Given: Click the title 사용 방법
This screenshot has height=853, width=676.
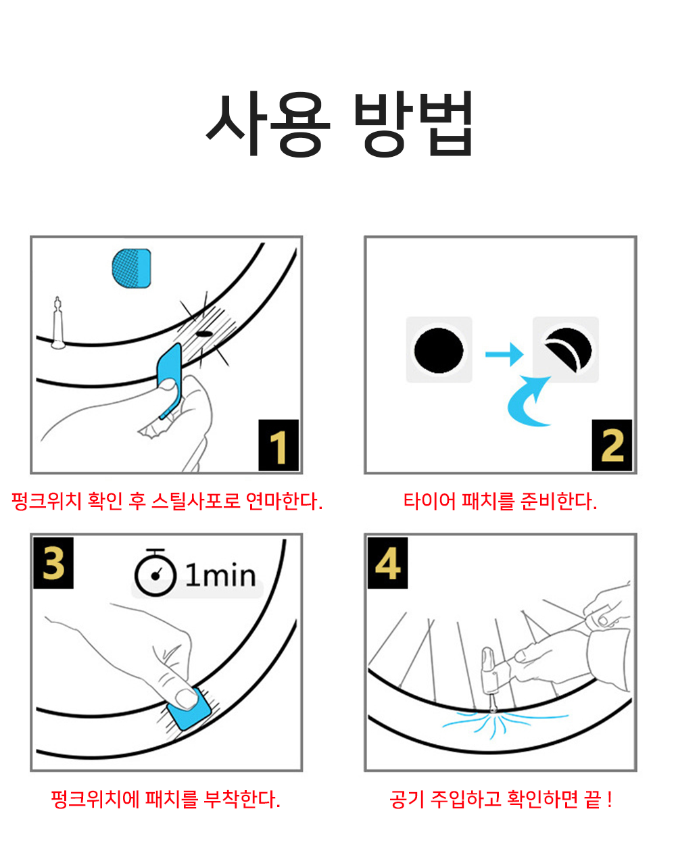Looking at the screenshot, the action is click(339, 123).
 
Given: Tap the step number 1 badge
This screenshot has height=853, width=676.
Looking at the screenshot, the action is click(279, 445).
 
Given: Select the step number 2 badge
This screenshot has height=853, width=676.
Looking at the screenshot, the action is click(612, 445).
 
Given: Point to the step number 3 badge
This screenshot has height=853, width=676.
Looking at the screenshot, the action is click(53, 563).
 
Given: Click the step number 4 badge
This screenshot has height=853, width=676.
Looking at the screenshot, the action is click(387, 563).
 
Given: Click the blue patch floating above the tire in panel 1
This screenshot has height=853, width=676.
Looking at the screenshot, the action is click(131, 268).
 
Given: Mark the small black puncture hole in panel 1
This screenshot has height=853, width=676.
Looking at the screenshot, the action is click(204, 334).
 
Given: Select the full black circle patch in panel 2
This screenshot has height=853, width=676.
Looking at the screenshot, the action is click(439, 350).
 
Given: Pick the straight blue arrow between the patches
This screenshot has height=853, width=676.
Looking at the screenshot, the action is click(504, 354).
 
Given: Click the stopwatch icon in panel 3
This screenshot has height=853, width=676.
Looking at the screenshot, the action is click(155, 573).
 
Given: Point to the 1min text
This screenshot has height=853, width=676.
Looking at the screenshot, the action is click(220, 575).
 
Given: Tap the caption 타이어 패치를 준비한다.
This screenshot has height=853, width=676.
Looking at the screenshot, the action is click(500, 502).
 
